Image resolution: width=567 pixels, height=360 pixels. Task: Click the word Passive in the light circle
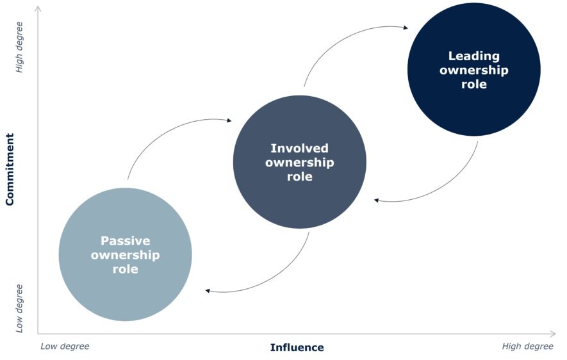tap(125, 241)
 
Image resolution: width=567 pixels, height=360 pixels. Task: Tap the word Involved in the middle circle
tap(299, 149)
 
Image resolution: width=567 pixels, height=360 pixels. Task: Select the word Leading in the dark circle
tap(473, 56)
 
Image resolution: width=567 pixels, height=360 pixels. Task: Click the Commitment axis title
tap(10, 170)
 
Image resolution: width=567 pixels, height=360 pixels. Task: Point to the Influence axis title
tap(297, 348)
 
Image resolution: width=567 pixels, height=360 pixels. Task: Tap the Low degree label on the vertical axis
tap(20, 308)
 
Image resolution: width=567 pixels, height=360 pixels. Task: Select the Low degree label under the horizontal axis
tap(65, 347)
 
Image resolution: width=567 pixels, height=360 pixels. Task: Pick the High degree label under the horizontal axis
tap(527, 347)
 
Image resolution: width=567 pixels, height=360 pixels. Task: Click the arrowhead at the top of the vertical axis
tap(38, 9)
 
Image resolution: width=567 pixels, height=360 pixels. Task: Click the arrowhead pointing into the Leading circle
tap(405, 28)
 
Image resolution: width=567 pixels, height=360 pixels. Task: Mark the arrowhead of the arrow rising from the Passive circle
tap(229, 120)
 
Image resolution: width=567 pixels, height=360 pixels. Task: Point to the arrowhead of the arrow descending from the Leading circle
tap(377, 200)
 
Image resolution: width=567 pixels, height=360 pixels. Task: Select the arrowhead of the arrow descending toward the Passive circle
tap(208, 291)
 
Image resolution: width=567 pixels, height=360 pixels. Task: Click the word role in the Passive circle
tap(125, 270)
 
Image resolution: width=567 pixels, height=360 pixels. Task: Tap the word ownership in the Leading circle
tap(473, 70)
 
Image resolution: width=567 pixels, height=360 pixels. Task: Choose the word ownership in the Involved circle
tap(299, 163)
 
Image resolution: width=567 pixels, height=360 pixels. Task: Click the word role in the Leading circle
tap(473, 85)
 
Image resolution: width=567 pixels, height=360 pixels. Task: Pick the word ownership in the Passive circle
tap(125, 256)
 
